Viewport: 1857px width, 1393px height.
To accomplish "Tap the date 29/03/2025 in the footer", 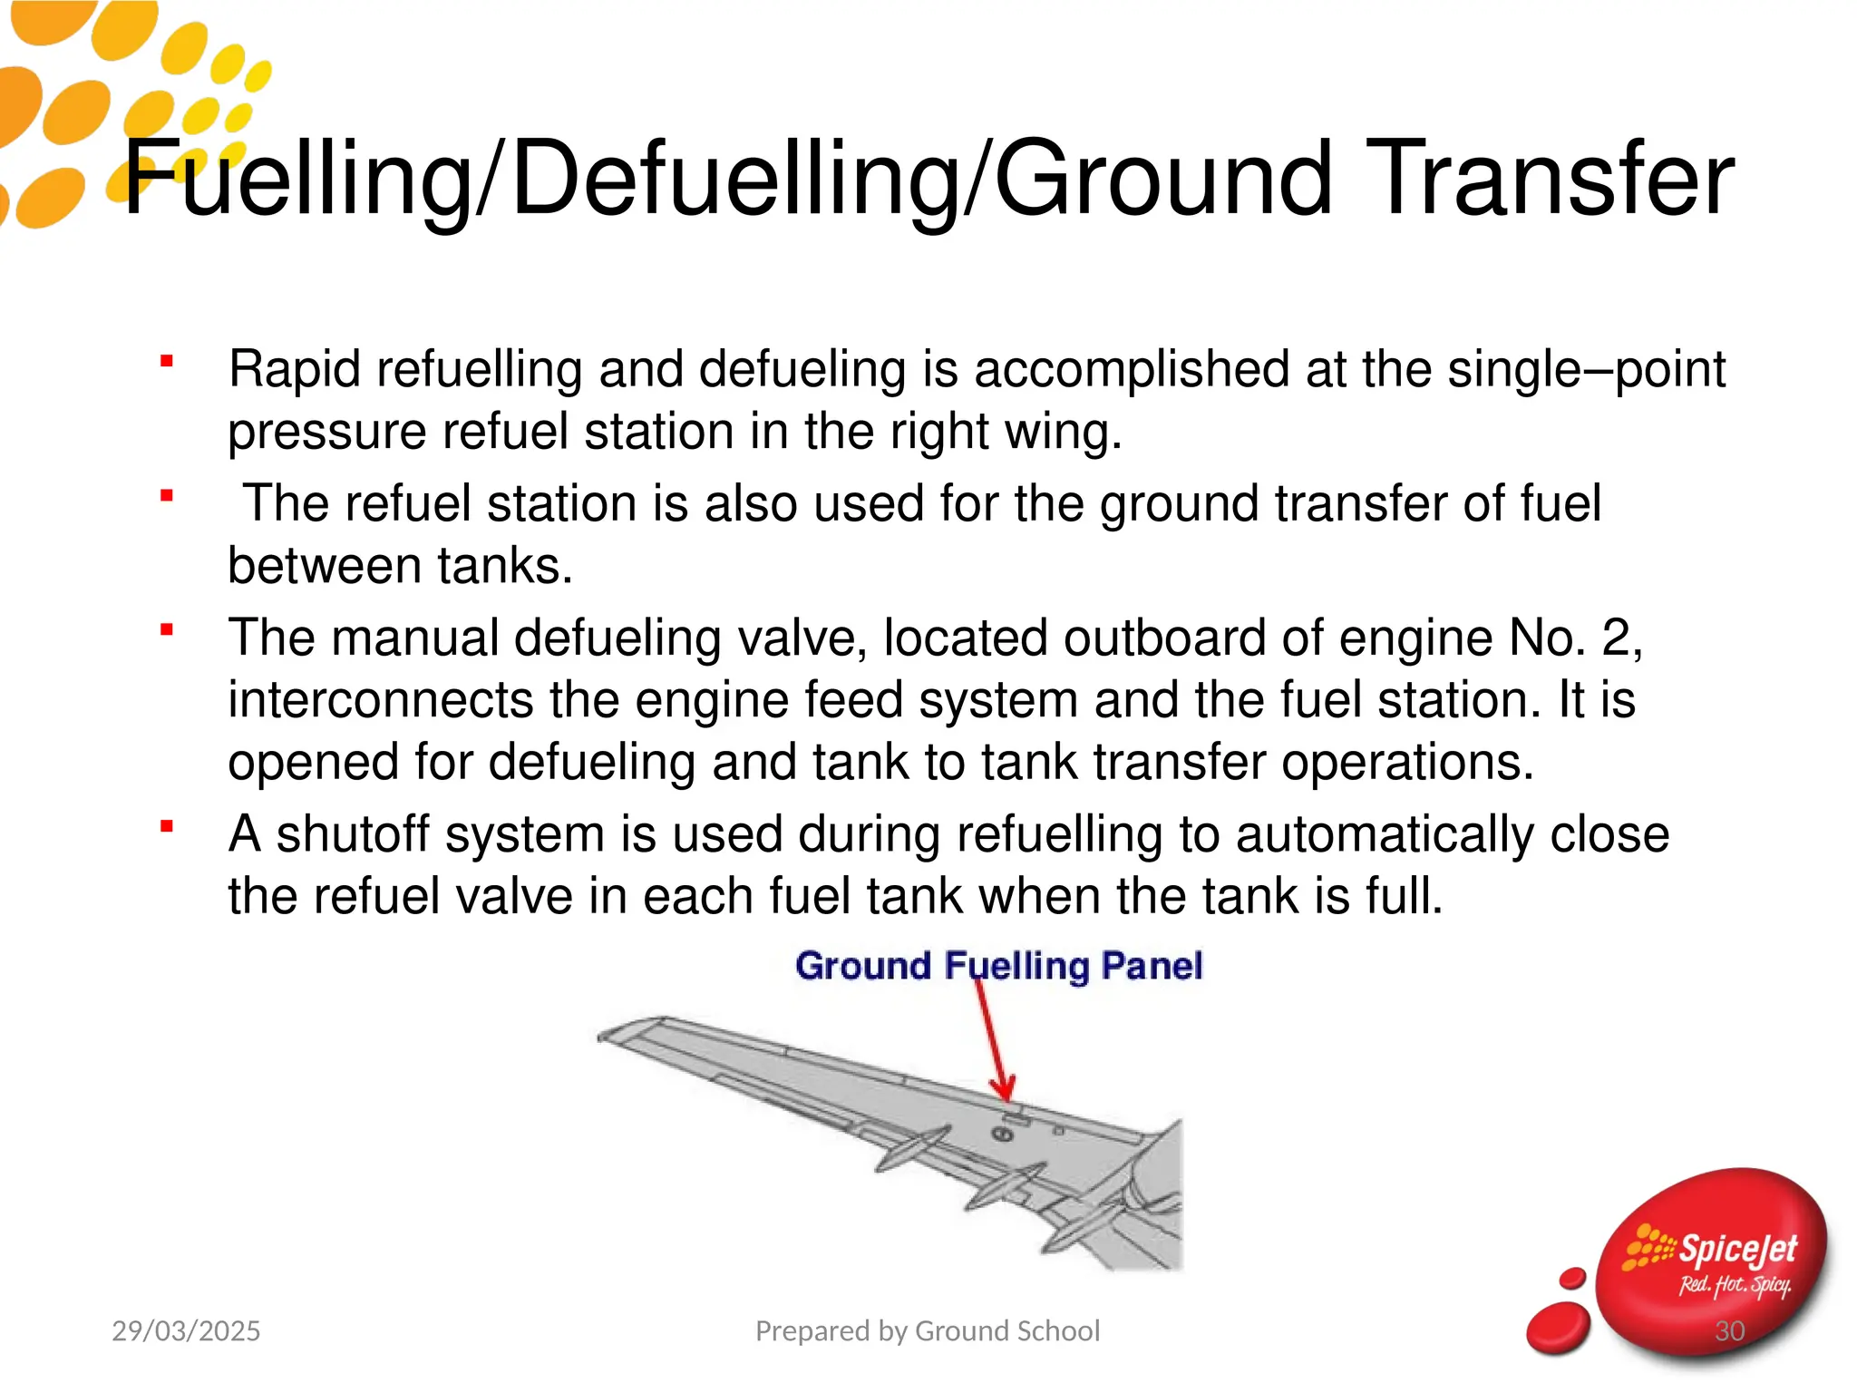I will coord(186,1330).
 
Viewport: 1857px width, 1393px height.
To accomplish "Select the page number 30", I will coord(1730,1331).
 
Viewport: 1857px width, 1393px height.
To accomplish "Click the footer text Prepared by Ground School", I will coord(928,1330).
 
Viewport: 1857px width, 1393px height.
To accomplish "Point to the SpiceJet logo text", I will coord(1736,1250).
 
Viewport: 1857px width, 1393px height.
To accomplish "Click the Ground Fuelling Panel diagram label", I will coord(998,965).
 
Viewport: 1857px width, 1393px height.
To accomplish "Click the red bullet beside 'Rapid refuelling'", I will coord(167,361).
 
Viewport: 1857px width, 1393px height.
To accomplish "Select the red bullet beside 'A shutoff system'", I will coord(167,826).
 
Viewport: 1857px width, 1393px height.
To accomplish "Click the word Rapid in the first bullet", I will coord(294,370).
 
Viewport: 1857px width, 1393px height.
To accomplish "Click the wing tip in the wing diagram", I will coord(612,1035).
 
